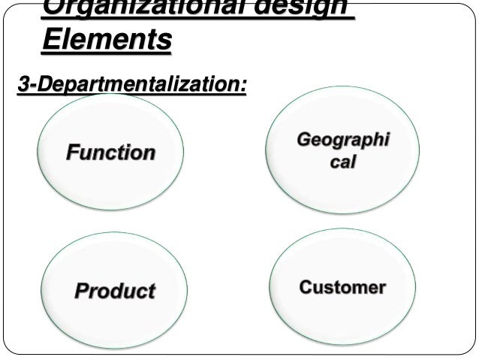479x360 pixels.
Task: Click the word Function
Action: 111,153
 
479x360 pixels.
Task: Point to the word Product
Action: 114,290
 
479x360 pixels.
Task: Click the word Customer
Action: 342,287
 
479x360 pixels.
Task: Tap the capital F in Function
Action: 73,153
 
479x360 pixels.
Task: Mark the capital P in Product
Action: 80,290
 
